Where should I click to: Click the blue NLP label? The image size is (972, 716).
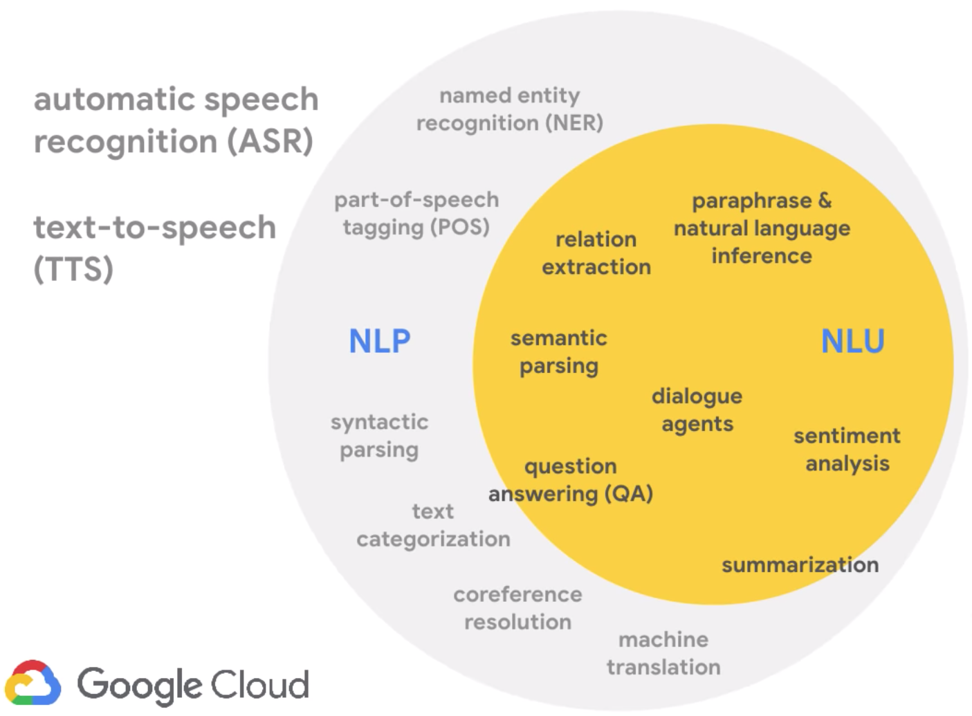(380, 341)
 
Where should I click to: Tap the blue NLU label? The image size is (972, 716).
(852, 341)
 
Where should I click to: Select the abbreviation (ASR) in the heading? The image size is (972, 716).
(270, 142)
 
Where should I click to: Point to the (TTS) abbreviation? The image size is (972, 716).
(73, 269)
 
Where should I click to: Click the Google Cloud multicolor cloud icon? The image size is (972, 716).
(33, 683)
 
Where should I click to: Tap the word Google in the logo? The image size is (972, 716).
(138, 685)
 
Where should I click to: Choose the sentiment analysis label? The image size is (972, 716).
(847, 450)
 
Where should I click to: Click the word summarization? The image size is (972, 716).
(800, 565)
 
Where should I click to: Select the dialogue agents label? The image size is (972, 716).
(697, 410)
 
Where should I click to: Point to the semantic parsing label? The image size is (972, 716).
(559, 351)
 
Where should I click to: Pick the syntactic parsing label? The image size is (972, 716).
(379, 435)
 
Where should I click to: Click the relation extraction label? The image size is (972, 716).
(596, 253)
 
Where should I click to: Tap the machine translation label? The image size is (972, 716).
(663, 653)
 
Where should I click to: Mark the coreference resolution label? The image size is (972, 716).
(517, 608)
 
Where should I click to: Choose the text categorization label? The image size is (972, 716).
(433, 525)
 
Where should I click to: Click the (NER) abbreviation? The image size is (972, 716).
(574, 123)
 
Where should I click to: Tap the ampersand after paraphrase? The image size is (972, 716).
(824, 201)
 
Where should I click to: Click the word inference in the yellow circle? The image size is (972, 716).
(761, 256)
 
